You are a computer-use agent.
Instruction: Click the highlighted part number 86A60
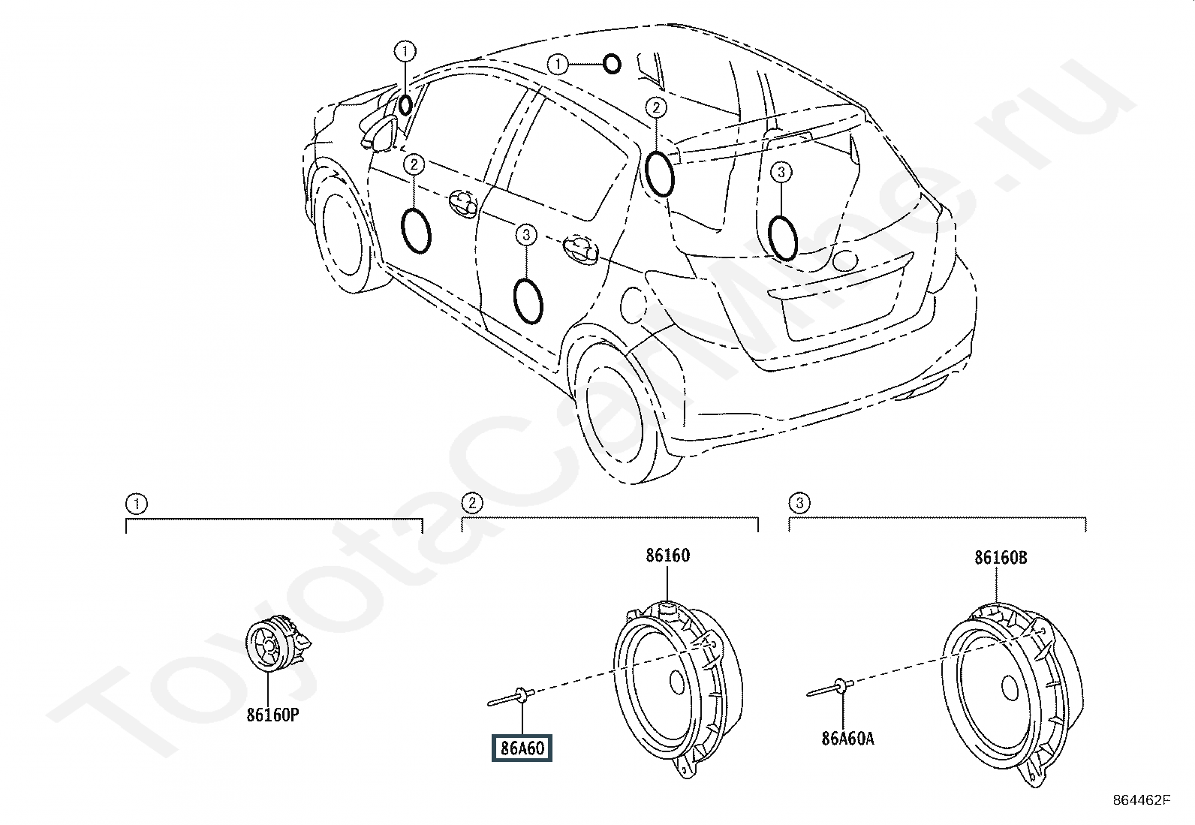click(522, 748)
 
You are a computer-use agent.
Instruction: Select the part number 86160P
click(272, 715)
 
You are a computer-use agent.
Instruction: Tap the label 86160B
click(1001, 558)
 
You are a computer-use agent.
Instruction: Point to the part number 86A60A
click(847, 739)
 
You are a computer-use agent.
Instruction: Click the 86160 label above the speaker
click(668, 556)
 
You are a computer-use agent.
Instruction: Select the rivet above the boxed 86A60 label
click(511, 697)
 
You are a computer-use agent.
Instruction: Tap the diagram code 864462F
click(1141, 800)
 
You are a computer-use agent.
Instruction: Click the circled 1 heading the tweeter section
click(137, 504)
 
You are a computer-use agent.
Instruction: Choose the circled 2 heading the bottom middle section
click(472, 503)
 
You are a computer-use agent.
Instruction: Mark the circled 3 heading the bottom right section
click(799, 503)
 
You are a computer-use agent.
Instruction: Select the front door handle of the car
click(463, 203)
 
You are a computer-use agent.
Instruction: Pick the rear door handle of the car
click(582, 249)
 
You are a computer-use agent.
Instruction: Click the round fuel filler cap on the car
click(634, 306)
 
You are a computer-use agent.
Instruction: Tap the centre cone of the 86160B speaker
click(1010, 688)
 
